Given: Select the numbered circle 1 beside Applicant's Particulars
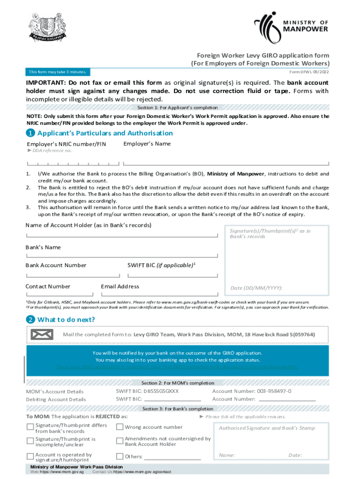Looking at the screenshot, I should pos(30,133).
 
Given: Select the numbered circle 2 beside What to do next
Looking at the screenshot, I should pos(30,319).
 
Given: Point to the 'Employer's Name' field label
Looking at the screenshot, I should pos(147,144).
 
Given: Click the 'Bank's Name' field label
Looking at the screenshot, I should pos(43,247).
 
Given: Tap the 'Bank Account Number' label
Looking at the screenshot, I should pos(56,265).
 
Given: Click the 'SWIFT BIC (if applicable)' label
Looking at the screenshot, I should pos(161,265).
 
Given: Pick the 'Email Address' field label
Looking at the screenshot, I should pos(120,286).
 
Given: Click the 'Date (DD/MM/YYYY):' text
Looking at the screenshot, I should pos(256,288).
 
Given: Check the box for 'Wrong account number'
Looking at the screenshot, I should pos(120,427).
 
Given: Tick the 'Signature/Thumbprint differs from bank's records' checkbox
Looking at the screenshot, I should pos(30,427).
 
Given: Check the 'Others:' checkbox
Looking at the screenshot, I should pos(120,456).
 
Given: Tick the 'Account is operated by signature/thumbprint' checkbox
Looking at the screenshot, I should pos(30,456).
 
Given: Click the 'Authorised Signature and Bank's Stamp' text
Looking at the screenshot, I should pos(266,428).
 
